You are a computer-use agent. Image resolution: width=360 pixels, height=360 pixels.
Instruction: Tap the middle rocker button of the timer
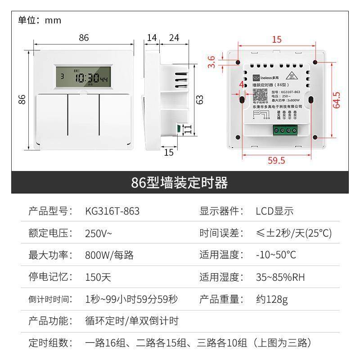(x=84, y=114)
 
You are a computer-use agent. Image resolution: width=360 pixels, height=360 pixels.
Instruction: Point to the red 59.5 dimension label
(x=276, y=160)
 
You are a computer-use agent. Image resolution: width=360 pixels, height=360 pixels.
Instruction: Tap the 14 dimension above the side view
(x=152, y=38)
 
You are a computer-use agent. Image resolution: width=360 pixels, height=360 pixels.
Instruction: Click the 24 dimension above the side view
(x=174, y=38)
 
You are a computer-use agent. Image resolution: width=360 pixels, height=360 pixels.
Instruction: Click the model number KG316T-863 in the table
(x=112, y=211)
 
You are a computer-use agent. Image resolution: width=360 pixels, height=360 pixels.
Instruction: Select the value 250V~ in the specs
(x=99, y=233)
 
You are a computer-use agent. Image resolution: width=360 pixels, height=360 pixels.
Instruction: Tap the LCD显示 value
(x=274, y=211)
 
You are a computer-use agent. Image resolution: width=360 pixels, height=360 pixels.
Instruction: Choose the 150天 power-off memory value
(x=98, y=277)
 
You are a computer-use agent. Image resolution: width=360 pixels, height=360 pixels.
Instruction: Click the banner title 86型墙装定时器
(x=180, y=183)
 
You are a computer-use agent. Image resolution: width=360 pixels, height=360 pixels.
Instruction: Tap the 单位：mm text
(x=40, y=20)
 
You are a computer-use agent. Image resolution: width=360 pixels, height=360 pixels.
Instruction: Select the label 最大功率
(x=50, y=255)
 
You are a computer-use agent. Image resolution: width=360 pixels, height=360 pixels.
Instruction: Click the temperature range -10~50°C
(x=276, y=255)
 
